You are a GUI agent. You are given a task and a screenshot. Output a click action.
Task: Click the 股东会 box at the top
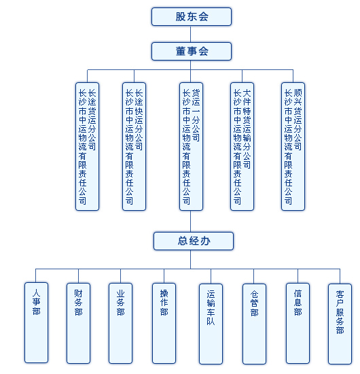point(192,17)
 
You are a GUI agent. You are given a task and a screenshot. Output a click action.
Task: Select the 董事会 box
point(192,51)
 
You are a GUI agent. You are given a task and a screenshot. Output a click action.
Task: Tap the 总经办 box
point(194,241)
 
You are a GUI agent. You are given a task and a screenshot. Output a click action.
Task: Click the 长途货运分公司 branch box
point(87,146)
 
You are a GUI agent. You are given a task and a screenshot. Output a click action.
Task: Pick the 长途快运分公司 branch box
point(134,146)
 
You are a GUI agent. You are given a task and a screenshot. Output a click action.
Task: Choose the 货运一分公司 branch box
point(191,146)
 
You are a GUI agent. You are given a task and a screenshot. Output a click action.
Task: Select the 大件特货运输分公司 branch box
point(242,146)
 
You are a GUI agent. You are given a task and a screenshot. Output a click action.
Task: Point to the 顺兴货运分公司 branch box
point(293,146)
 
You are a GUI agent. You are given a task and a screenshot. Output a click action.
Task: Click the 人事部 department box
point(36,323)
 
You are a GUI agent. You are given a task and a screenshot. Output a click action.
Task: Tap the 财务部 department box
point(78,323)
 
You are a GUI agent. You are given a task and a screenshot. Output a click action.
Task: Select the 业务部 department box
point(120,323)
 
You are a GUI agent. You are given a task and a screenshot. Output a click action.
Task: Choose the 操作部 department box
point(164,323)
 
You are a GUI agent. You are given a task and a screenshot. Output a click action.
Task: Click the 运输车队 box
point(211,324)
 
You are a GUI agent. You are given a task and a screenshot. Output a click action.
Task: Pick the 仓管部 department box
point(254,324)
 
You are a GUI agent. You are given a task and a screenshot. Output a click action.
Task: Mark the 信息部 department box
point(298,323)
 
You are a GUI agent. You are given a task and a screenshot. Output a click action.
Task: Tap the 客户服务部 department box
point(340,324)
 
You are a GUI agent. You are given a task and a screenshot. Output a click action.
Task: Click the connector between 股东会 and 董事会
point(191,34)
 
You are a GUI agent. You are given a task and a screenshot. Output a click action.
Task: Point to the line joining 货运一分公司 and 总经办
point(191,221)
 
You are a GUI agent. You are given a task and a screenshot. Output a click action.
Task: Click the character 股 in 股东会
point(181,17)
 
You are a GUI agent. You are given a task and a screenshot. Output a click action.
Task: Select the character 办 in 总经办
point(205,241)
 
